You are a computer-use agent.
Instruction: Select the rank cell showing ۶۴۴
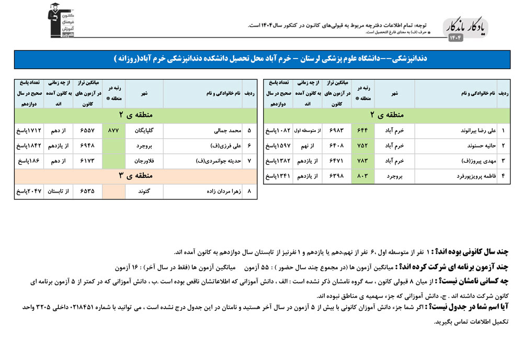coord(362,130)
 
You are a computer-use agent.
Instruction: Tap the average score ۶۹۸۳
coord(336,130)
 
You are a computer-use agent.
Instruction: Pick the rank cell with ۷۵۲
coord(362,145)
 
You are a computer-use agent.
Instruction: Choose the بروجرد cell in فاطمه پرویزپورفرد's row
coord(395,176)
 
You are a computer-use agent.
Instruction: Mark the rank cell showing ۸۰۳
coord(362,176)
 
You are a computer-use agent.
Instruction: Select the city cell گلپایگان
coord(145,130)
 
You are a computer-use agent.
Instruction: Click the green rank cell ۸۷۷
coord(113,130)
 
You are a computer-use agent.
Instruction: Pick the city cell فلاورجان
coord(145,161)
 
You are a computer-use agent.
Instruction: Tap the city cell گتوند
coord(145,192)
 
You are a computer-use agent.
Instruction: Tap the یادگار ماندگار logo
coord(467,29)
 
